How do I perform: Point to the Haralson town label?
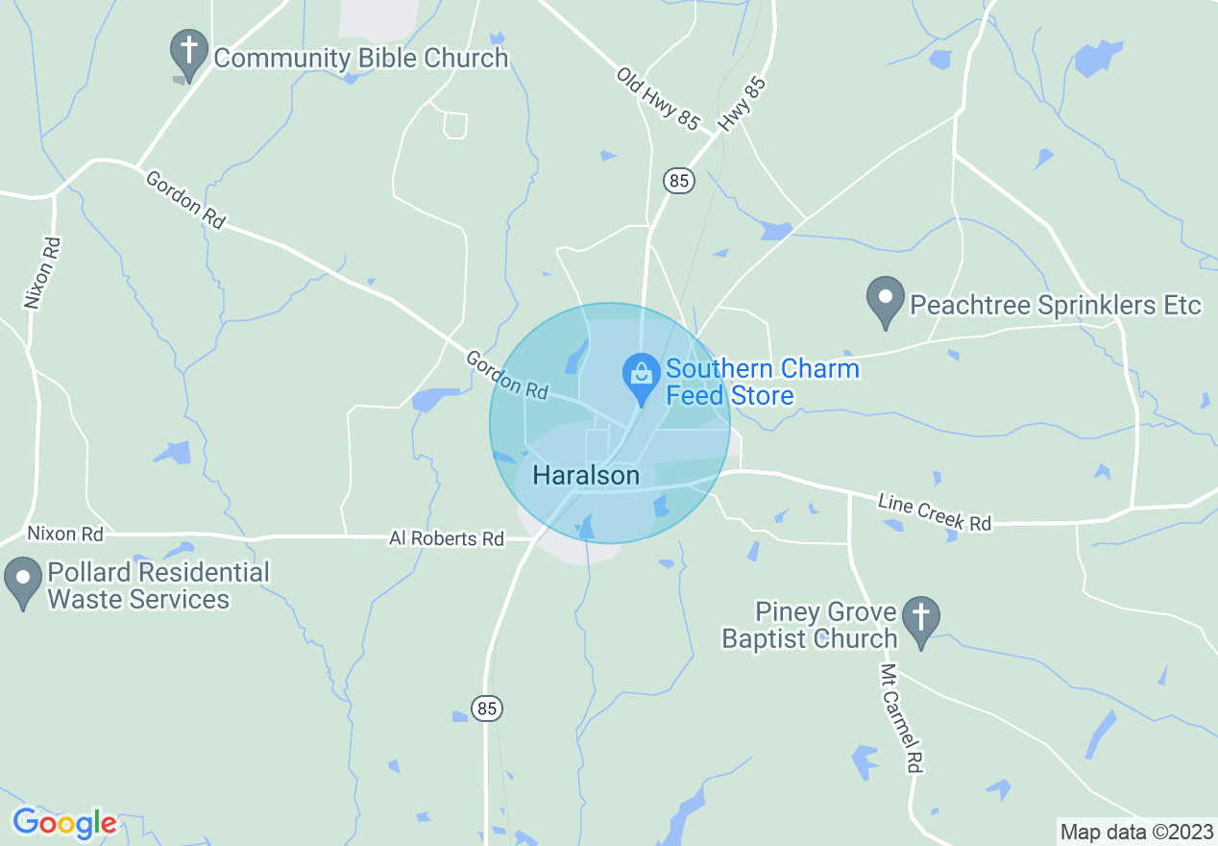pos(585,475)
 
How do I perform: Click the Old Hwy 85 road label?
pos(658,99)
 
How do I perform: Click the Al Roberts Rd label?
pos(446,538)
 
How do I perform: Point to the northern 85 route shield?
pos(679,180)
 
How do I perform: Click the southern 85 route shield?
pos(487,709)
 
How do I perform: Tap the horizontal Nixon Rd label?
pos(65,533)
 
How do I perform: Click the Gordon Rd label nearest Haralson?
pos(506,375)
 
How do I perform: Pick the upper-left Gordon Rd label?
pos(185,199)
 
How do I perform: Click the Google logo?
pos(64,823)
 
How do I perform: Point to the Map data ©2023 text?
pos(1135,831)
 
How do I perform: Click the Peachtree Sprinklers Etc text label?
pos(1055,306)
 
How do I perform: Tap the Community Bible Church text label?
pos(360,58)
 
